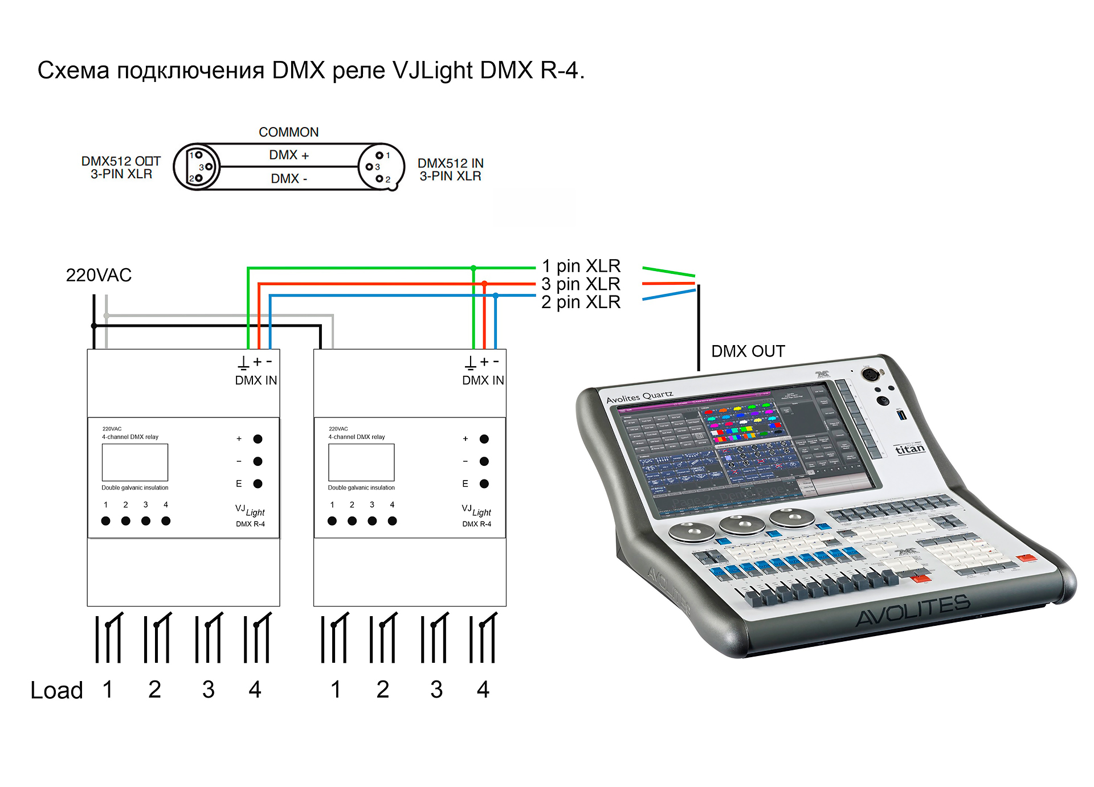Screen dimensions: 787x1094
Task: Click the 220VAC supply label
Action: [x=99, y=275]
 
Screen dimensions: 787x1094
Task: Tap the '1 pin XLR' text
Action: [x=581, y=266]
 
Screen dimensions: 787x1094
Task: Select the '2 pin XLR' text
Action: [x=581, y=302]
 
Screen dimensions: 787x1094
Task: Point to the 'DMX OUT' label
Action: [x=748, y=351]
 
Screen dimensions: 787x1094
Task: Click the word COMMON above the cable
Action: [x=288, y=132]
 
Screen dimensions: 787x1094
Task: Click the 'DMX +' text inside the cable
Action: [x=288, y=155]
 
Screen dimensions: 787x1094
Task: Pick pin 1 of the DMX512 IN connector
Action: [x=379, y=155]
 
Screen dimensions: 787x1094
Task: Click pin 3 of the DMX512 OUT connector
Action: [x=209, y=167]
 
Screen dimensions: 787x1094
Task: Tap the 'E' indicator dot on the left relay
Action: [x=258, y=483]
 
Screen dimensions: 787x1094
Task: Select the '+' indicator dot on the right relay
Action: [x=484, y=439]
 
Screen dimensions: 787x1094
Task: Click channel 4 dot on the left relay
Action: [x=166, y=520]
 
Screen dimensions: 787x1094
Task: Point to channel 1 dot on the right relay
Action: [x=332, y=520]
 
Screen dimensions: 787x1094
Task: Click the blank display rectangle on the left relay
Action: [x=135, y=462]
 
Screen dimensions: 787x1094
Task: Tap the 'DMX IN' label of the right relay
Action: [x=483, y=380]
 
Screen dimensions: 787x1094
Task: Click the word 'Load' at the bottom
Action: [x=56, y=690]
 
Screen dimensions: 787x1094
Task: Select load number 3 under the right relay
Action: [x=436, y=690]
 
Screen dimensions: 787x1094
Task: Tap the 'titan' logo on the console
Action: [x=910, y=449]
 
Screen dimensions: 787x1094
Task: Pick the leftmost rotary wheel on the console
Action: [x=691, y=532]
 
